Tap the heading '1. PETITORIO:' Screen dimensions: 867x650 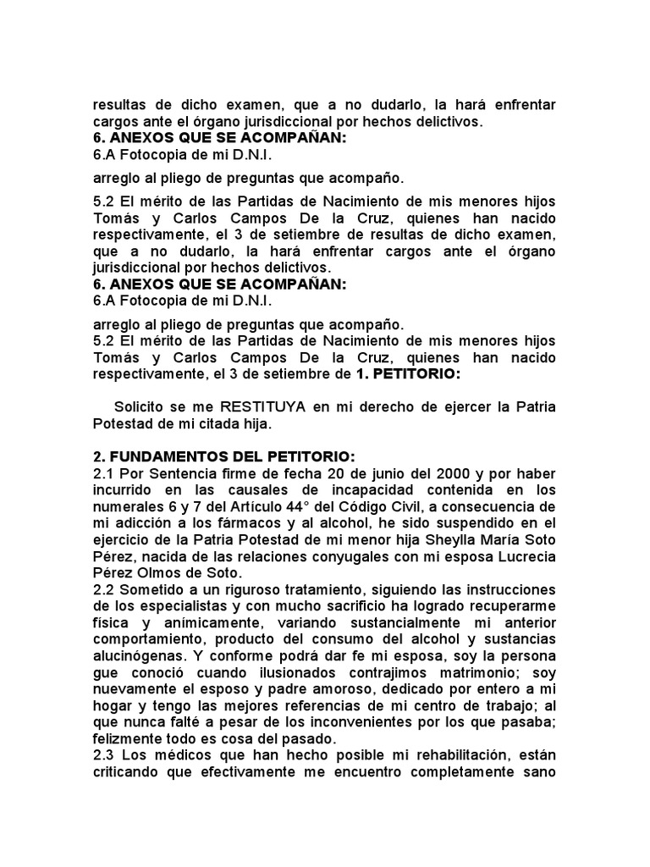411,373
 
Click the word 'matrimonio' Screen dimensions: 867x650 488,671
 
